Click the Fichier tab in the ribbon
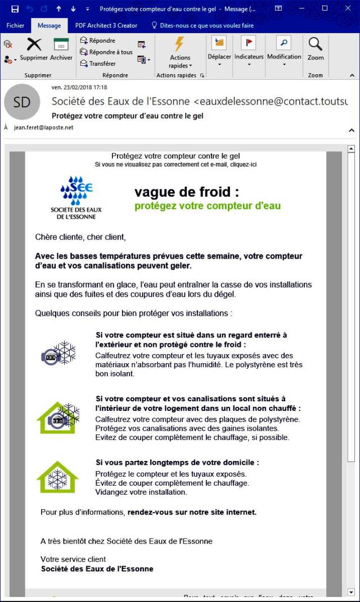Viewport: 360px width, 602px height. point(15,25)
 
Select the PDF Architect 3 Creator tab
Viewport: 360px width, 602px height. point(107,25)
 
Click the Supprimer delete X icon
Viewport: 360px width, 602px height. point(34,44)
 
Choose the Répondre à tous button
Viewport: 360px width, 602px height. point(106,52)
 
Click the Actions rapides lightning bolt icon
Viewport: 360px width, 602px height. point(179,44)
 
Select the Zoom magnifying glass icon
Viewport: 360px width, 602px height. point(316,44)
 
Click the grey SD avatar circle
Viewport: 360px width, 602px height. point(22,102)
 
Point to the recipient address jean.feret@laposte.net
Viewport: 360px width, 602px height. point(43,128)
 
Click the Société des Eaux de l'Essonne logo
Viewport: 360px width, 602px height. point(76,197)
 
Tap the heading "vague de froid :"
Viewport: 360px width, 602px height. point(187,192)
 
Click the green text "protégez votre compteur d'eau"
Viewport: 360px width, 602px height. point(207,206)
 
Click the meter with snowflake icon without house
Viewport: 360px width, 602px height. point(58,354)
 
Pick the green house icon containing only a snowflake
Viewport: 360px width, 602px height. point(57,477)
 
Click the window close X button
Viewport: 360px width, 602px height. point(347,8)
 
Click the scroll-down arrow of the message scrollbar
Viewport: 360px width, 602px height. point(352,592)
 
